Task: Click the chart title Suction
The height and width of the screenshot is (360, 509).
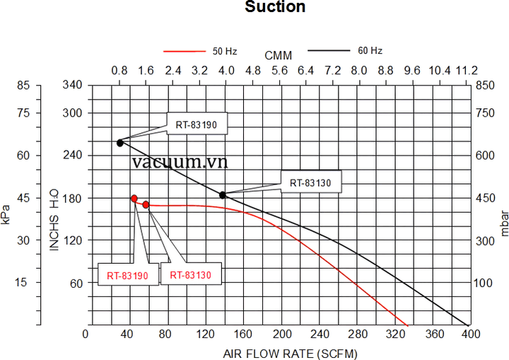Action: coord(275,8)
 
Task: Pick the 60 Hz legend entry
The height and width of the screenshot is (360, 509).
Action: coord(370,50)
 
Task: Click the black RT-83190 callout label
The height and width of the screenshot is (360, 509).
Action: coord(197,124)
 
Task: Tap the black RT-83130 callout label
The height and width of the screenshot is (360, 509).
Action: coord(311,182)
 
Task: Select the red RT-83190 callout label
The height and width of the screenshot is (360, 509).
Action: coord(128,275)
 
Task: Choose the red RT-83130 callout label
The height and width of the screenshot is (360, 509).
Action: coord(191,274)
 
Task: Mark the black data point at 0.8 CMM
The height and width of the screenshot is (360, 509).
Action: coord(120,143)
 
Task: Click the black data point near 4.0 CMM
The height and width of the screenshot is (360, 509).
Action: coord(223,194)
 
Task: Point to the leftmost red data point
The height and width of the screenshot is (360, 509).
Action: coord(134,199)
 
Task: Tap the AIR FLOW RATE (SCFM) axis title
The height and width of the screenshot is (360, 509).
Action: coord(279,352)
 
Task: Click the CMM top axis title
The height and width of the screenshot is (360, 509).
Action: coord(279,55)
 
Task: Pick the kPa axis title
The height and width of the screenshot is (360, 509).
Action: coord(6,214)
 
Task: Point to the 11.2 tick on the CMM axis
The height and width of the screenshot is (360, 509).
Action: coord(466,71)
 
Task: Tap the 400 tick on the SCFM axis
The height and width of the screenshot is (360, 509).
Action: coord(469,334)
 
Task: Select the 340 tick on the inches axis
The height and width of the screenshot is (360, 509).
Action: coord(74,86)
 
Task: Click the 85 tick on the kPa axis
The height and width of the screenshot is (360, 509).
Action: coord(24,86)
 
